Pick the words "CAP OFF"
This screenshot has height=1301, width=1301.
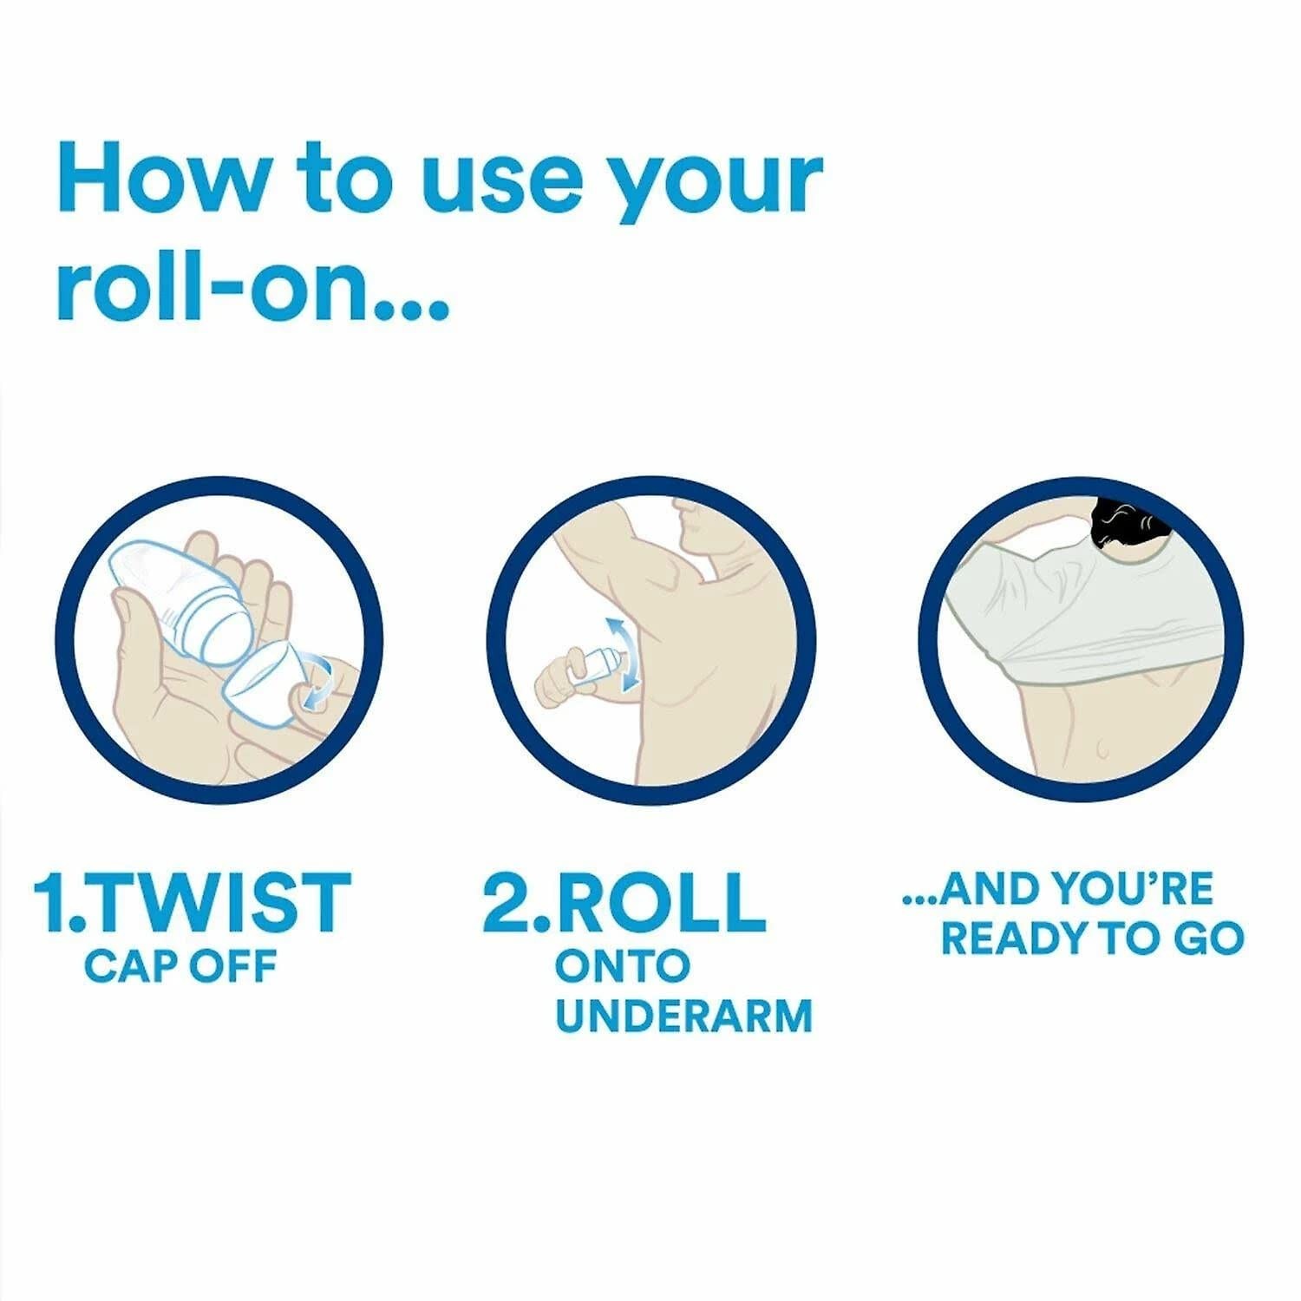point(180,965)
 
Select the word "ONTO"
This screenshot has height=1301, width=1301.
point(622,965)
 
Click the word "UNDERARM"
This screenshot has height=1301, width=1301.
point(683,1016)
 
